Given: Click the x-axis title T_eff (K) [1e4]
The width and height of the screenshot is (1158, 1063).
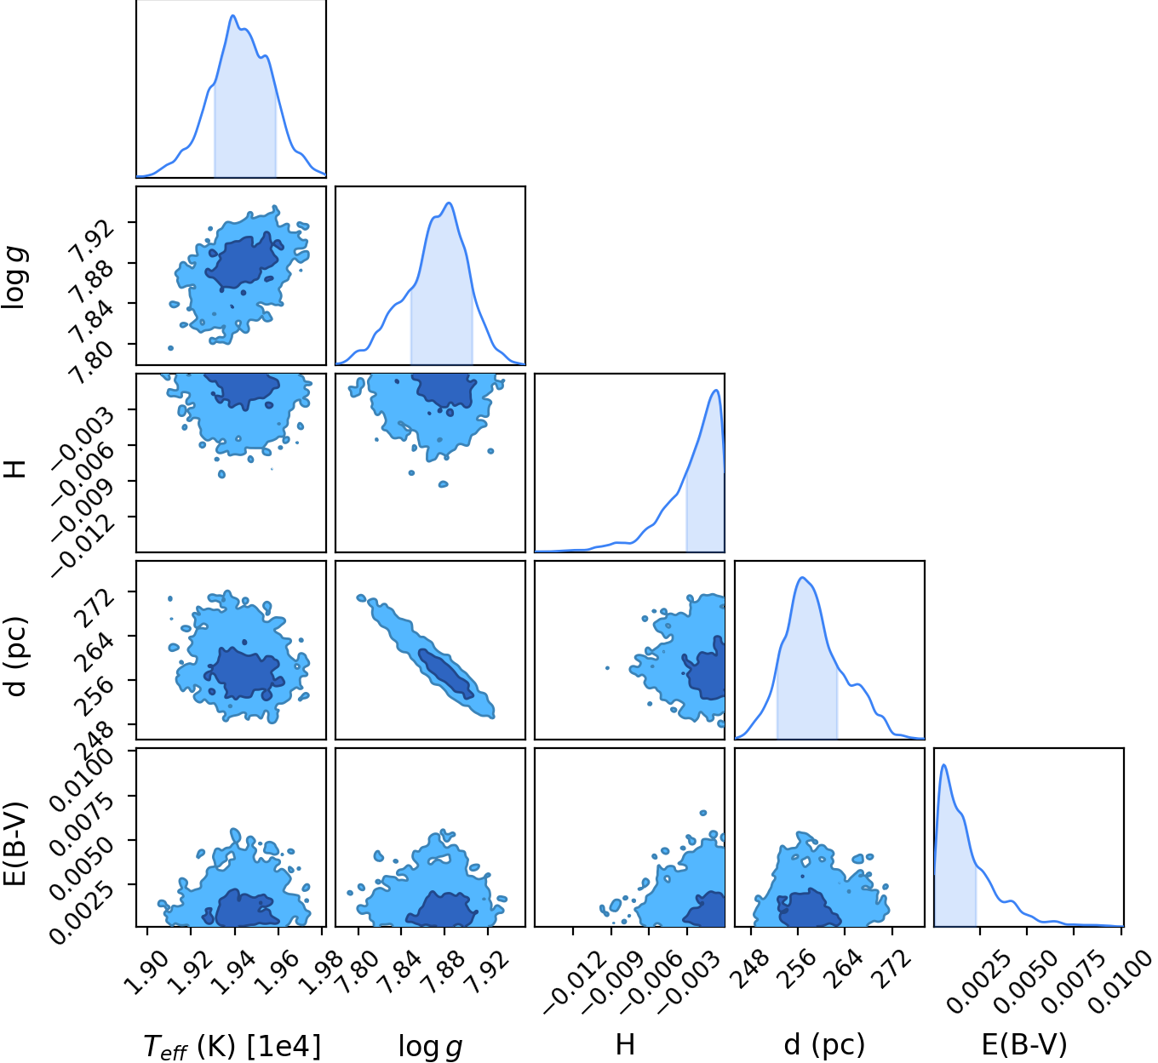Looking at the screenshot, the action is point(232,1044).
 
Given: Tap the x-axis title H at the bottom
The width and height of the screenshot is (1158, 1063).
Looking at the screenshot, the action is point(625,1044).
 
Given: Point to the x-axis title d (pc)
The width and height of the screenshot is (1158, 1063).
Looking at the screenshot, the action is point(824,1044).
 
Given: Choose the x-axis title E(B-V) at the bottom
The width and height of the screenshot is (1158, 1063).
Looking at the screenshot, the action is point(1024,1044).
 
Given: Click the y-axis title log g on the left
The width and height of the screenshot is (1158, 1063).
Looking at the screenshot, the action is point(15,277).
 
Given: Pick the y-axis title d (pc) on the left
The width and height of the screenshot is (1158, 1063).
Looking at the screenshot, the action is point(15,656).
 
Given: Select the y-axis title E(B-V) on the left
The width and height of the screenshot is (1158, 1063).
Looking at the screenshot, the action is point(14,843).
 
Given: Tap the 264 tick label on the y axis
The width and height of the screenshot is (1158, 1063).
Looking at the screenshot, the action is point(95,651).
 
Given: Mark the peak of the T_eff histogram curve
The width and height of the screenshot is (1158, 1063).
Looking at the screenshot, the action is point(232,15).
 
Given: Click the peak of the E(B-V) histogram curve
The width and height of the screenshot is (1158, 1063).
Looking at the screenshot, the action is point(943,765).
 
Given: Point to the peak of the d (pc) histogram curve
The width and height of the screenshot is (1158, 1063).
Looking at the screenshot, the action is point(802,577).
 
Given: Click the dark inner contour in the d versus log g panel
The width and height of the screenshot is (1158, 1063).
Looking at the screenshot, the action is point(446,673).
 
